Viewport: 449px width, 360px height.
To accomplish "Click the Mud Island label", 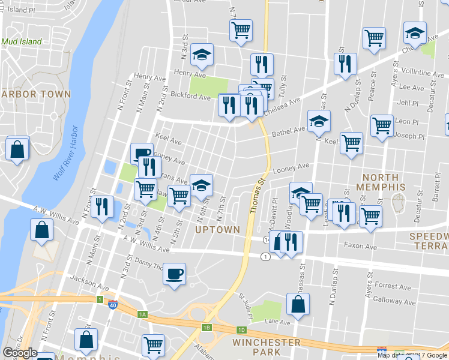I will coord(22,42).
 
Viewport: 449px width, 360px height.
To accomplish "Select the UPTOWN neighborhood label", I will coord(217,229).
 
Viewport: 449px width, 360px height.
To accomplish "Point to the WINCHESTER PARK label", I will coord(266,347).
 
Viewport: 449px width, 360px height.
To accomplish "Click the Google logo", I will coord(19,353).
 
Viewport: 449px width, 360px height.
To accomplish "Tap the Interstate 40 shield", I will coord(113,304).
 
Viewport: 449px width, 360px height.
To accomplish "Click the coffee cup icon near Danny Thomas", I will coord(174,274).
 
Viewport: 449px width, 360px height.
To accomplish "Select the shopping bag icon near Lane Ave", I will coord(298,304).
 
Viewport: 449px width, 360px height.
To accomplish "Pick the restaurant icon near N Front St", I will coord(102,207).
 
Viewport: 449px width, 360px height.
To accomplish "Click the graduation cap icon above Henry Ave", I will coord(202,56).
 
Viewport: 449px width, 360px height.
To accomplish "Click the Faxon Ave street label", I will coord(360,246).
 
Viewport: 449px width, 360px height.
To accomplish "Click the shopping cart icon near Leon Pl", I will coord(382,126).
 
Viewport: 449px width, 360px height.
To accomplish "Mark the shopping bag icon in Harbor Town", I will coord(17,149).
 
